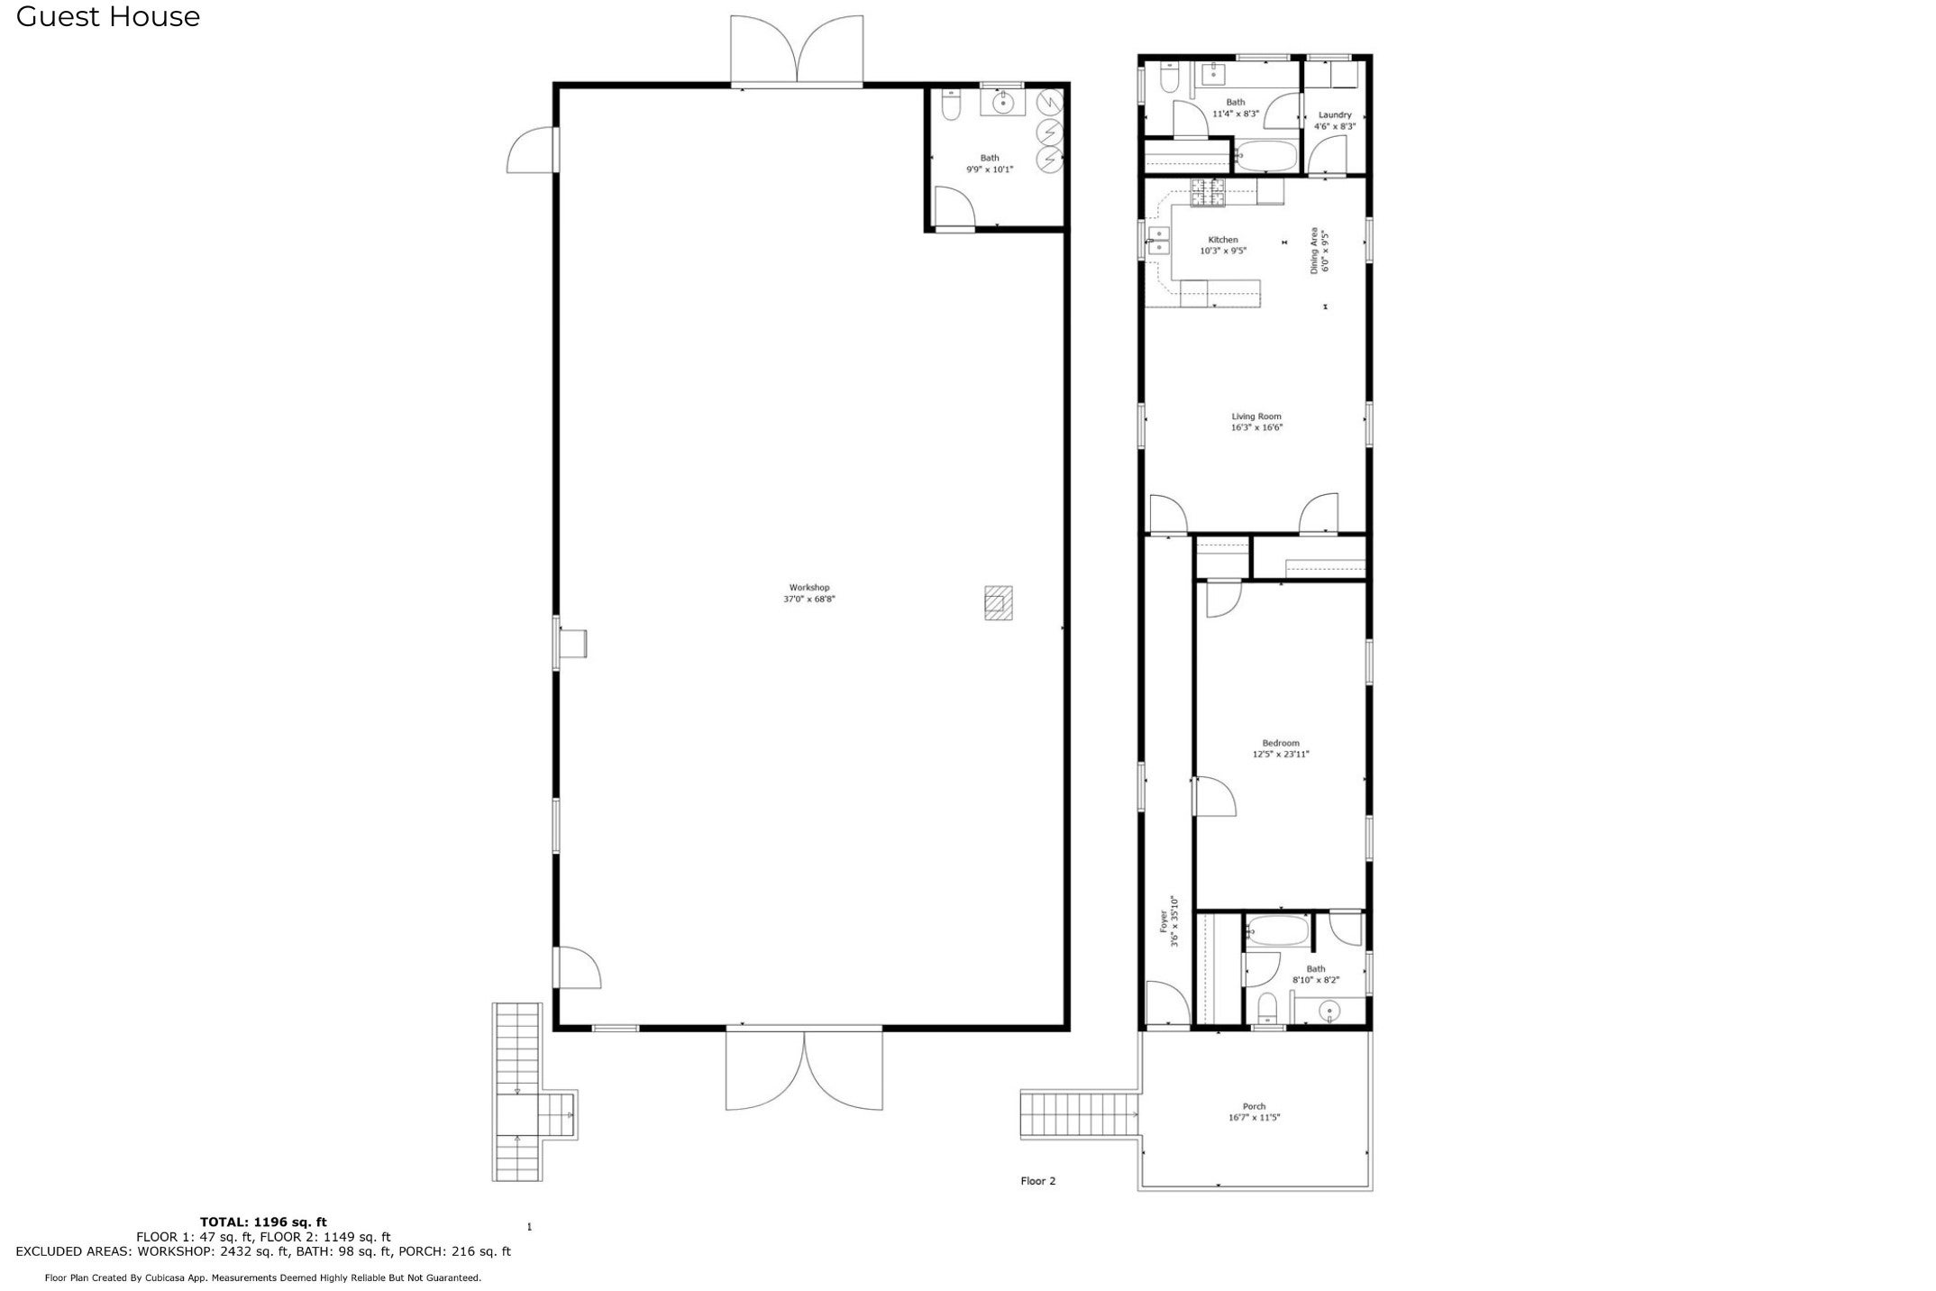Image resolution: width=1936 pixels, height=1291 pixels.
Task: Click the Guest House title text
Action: (x=108, y=16)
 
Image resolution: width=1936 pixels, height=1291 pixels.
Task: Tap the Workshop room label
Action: (x=808, y=588)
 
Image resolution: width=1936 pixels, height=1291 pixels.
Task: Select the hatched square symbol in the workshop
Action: (x=998, y=603)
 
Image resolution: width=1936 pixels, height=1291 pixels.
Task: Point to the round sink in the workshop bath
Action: (x=1003, y=104)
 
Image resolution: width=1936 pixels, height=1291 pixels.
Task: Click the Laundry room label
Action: (x=1334, y=115)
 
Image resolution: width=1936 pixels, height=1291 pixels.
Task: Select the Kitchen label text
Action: (x=1222, y=240)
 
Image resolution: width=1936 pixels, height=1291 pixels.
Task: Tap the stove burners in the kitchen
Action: (x=1208, y=192)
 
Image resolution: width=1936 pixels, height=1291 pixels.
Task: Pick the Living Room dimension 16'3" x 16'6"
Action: (x=1256, y=428)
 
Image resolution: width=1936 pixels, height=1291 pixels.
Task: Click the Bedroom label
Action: (x=1280, y=744)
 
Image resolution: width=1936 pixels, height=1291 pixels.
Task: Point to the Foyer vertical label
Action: (x=1164, y=921)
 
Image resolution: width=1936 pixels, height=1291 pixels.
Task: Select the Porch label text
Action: (x=1254, y=1107)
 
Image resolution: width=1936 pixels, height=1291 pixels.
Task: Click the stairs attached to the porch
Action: (x=1078, y=1115)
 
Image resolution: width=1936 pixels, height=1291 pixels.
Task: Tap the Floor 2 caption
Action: (x=1037, y=1181)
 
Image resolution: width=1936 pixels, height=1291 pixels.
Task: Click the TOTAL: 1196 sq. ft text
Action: (x=263, y=1222)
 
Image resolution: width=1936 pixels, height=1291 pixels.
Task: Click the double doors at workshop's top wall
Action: (x=797, y=50)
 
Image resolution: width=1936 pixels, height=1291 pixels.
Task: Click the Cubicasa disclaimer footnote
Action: (x=263, y=1277)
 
